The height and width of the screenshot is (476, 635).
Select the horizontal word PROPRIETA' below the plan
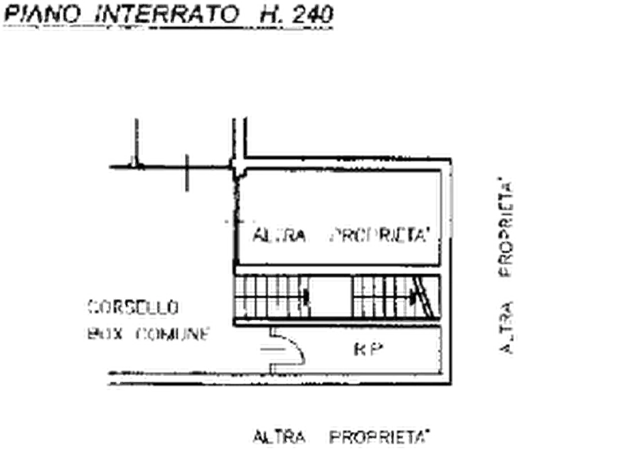tap(380, 436)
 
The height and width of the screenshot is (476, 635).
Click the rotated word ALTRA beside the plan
tap(506, 328)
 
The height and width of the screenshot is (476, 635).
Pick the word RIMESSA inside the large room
tap(379, 234)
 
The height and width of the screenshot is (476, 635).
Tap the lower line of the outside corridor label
tap(146, 331)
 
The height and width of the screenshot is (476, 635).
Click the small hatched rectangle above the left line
tap(135, 133)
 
